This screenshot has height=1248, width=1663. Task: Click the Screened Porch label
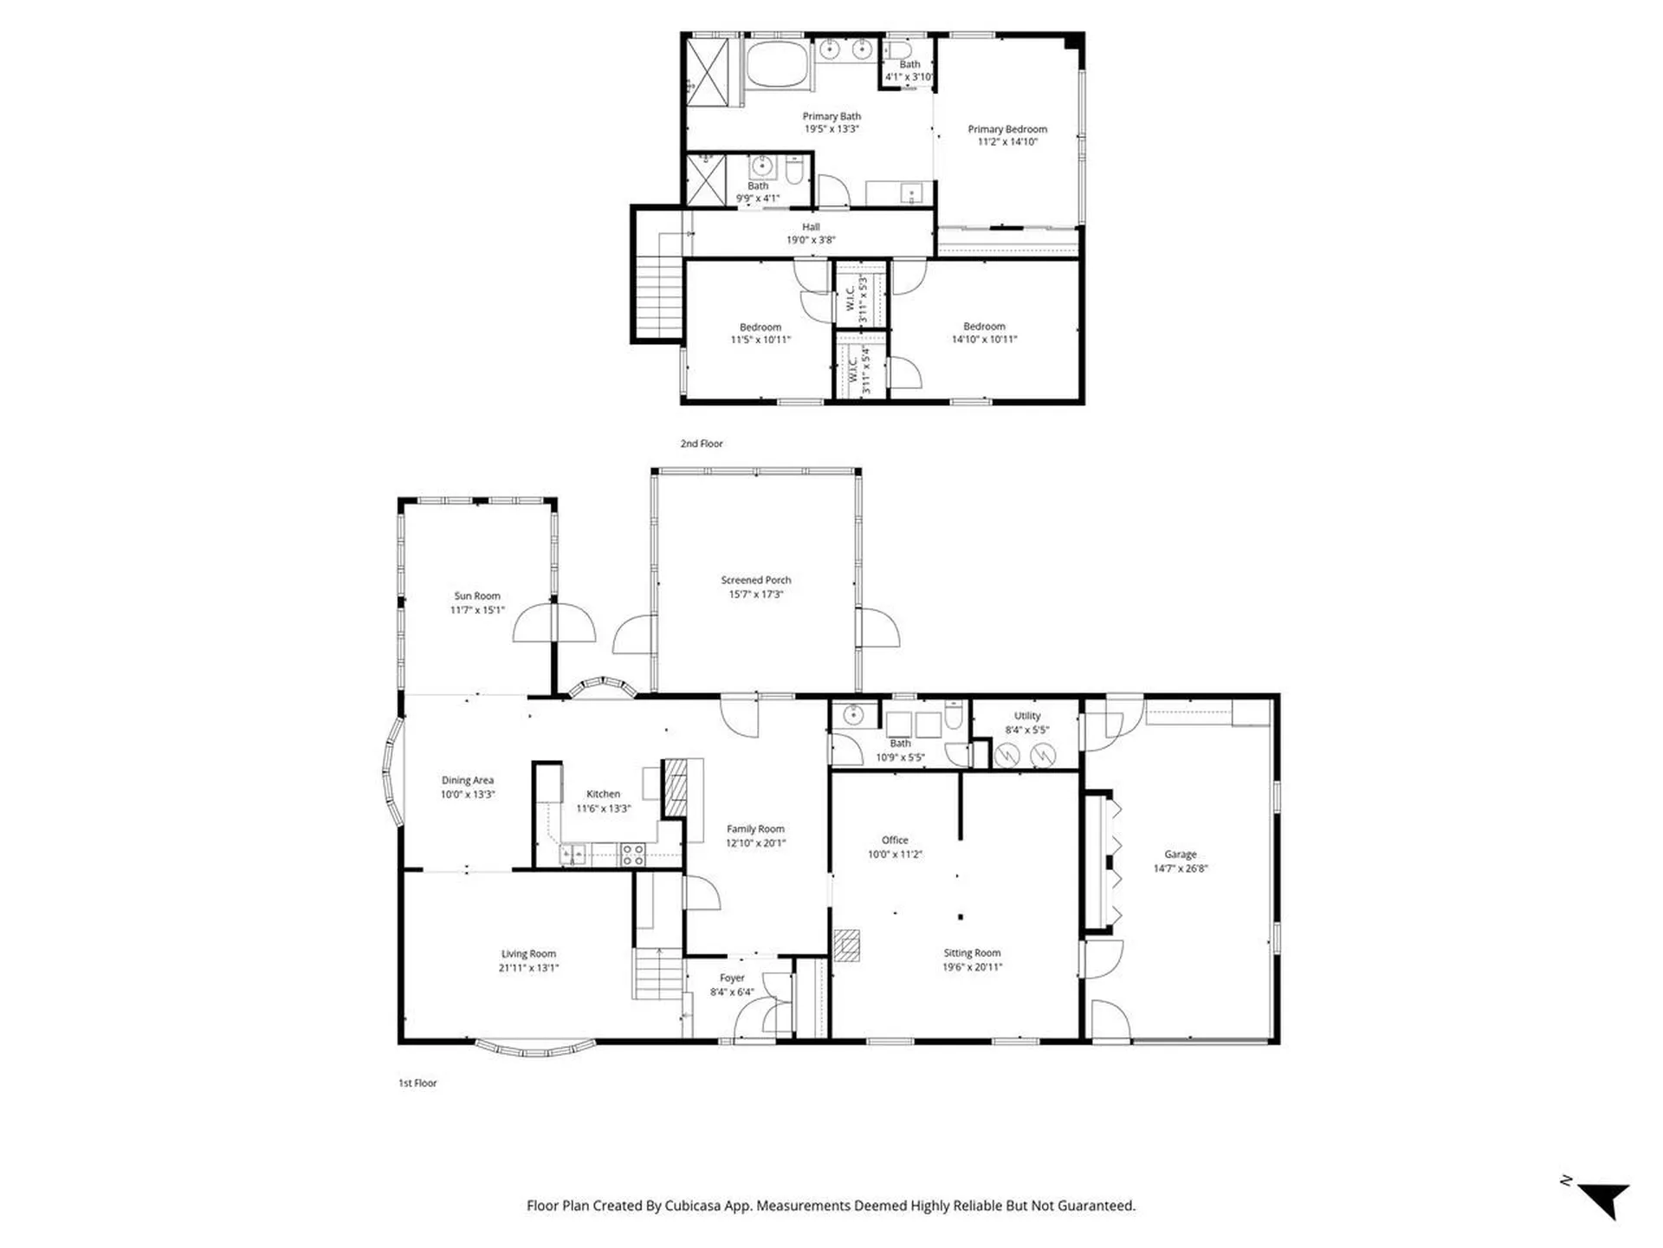click(x=755, y=580)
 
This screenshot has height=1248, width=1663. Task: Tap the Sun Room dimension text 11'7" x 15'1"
click(x=476, y=610)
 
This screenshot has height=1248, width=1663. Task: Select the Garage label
click(x=1180, y=854)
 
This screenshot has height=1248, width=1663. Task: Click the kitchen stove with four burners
click(x=633, y=855)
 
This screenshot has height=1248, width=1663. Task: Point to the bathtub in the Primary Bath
click(x=777, y=64)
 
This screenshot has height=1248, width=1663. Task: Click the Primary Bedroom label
click(x=1007, y=129)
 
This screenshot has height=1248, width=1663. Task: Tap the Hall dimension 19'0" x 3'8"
click(x=811, y=240)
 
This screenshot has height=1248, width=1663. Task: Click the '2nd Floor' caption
click(x=701, y=444)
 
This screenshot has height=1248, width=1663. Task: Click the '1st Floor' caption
click(x=417, y=1082)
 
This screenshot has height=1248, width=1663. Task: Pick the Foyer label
click(x=732, y=978)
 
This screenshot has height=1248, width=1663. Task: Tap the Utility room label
click(x=1027, y=716)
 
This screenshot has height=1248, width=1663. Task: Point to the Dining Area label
click(x=467, y=780)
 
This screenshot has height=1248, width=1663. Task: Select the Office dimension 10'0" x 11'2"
click(x=895, y=854)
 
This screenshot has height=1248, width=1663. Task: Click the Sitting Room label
click(x=972, y=952)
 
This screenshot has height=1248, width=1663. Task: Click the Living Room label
click(x=528, y=953)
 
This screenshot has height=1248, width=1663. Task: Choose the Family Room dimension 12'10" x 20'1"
click(x=755, y=842)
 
